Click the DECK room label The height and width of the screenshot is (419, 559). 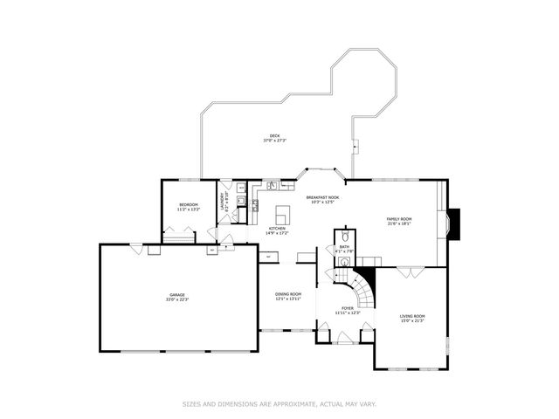(274, 135)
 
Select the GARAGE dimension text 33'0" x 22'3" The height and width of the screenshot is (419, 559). (178, 299)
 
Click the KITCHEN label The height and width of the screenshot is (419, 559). (265, 229)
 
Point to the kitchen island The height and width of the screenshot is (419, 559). (283, 215)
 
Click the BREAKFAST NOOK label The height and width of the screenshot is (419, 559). (322, 197)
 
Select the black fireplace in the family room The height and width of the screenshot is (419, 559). (455, 223)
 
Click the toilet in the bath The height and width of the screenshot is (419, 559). (345, 237)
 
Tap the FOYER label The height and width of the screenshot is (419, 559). (348, 307)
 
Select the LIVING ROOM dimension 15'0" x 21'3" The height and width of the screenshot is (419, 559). (412, 320)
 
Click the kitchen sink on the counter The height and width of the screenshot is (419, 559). (272, 185)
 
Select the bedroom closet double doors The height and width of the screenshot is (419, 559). (181, 237)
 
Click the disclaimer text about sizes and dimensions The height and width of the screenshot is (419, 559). (279, 403)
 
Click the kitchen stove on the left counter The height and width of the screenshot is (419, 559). (255, 206)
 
